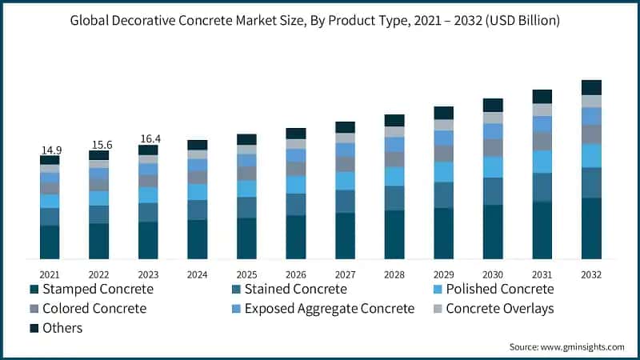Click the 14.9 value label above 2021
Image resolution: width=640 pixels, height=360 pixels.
tap(50, 150)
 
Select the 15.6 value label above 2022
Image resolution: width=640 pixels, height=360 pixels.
tap(98, 144)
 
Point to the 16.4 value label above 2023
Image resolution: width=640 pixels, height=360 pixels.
tap(148, 138)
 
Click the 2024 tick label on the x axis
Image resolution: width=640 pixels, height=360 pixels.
tap(197, 274)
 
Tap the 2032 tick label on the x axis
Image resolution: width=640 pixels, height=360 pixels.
tap(591, 274)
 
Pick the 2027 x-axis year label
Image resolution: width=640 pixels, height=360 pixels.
tap(345, 274)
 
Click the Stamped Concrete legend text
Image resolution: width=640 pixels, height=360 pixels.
tap(98, 289)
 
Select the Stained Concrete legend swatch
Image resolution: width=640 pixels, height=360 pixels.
tap(236, 289)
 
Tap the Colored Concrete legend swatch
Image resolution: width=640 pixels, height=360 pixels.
tap(34, 308)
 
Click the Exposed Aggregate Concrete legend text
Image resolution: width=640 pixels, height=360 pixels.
tap(330, 308)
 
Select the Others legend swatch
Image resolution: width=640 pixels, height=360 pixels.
tap(34, 328)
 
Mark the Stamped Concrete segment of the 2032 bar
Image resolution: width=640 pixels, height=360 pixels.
tap(591, 228)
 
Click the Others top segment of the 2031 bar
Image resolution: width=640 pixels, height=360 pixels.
tap(542, 96)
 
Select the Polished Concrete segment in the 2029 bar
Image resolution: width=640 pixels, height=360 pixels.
tap(444, 172)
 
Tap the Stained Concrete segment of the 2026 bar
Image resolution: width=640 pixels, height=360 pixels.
tap(296, 204)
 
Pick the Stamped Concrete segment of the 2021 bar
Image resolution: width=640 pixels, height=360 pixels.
tap(50, 242)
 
